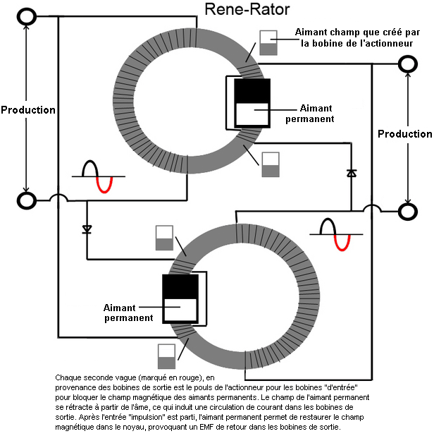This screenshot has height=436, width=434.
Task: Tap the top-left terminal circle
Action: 27,16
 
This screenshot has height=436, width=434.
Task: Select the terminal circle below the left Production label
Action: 27,200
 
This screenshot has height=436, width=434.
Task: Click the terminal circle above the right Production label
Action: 407,64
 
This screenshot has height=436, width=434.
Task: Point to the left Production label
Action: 27,110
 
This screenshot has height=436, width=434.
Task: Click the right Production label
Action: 405,134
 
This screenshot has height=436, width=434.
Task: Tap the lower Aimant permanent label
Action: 128,313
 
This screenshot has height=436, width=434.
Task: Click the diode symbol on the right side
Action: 351,173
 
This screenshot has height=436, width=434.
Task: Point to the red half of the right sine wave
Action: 342,242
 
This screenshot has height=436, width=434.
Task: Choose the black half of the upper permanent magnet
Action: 252,91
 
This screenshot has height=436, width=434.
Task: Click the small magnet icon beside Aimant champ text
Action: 268,43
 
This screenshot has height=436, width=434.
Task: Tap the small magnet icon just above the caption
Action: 166,356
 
